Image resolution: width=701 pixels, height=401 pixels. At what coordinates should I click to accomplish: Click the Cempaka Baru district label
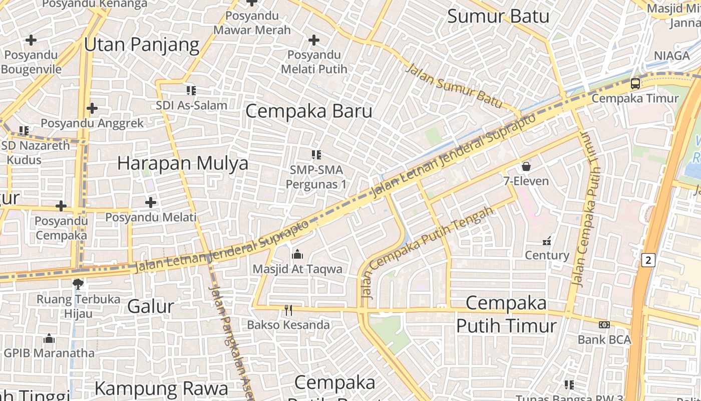pos(309,111)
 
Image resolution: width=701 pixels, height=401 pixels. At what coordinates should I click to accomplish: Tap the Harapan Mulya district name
pos(183,163)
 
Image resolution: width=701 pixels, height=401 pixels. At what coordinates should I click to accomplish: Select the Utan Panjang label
pos(142,45)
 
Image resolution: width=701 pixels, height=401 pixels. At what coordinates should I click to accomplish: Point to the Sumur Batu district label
pos(498,17)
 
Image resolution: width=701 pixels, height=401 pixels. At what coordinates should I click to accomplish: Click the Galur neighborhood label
pos(151,306)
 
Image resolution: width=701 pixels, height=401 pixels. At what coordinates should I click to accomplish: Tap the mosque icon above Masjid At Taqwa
pos(297,255)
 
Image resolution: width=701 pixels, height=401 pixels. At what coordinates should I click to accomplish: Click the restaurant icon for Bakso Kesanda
pos(288,310)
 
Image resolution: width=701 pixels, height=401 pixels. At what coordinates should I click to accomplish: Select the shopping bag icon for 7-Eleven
pos(526,166)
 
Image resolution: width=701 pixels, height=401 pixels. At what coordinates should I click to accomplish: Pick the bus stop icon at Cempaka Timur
pos(635,84)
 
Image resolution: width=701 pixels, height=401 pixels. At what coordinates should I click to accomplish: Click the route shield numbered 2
pos(648,260)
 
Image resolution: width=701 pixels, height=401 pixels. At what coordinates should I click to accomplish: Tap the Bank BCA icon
pos(604,325)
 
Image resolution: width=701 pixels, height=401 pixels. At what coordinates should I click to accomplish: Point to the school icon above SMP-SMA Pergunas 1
pos(316,155)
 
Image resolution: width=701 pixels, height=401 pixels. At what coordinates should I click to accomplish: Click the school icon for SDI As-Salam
pos(191,91)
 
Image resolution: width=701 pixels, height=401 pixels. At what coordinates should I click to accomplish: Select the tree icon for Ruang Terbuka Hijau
pos(78,284)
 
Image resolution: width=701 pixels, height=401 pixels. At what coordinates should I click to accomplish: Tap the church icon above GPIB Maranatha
pos(49,338)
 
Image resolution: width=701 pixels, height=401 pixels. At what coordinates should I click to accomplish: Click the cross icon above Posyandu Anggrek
pos(92,108)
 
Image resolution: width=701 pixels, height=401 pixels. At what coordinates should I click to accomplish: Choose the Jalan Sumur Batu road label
pos(453,86)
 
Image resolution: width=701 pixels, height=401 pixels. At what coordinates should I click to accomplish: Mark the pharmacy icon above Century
pos(547,241)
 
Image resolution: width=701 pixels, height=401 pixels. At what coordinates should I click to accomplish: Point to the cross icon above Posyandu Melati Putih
pos(314,40)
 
